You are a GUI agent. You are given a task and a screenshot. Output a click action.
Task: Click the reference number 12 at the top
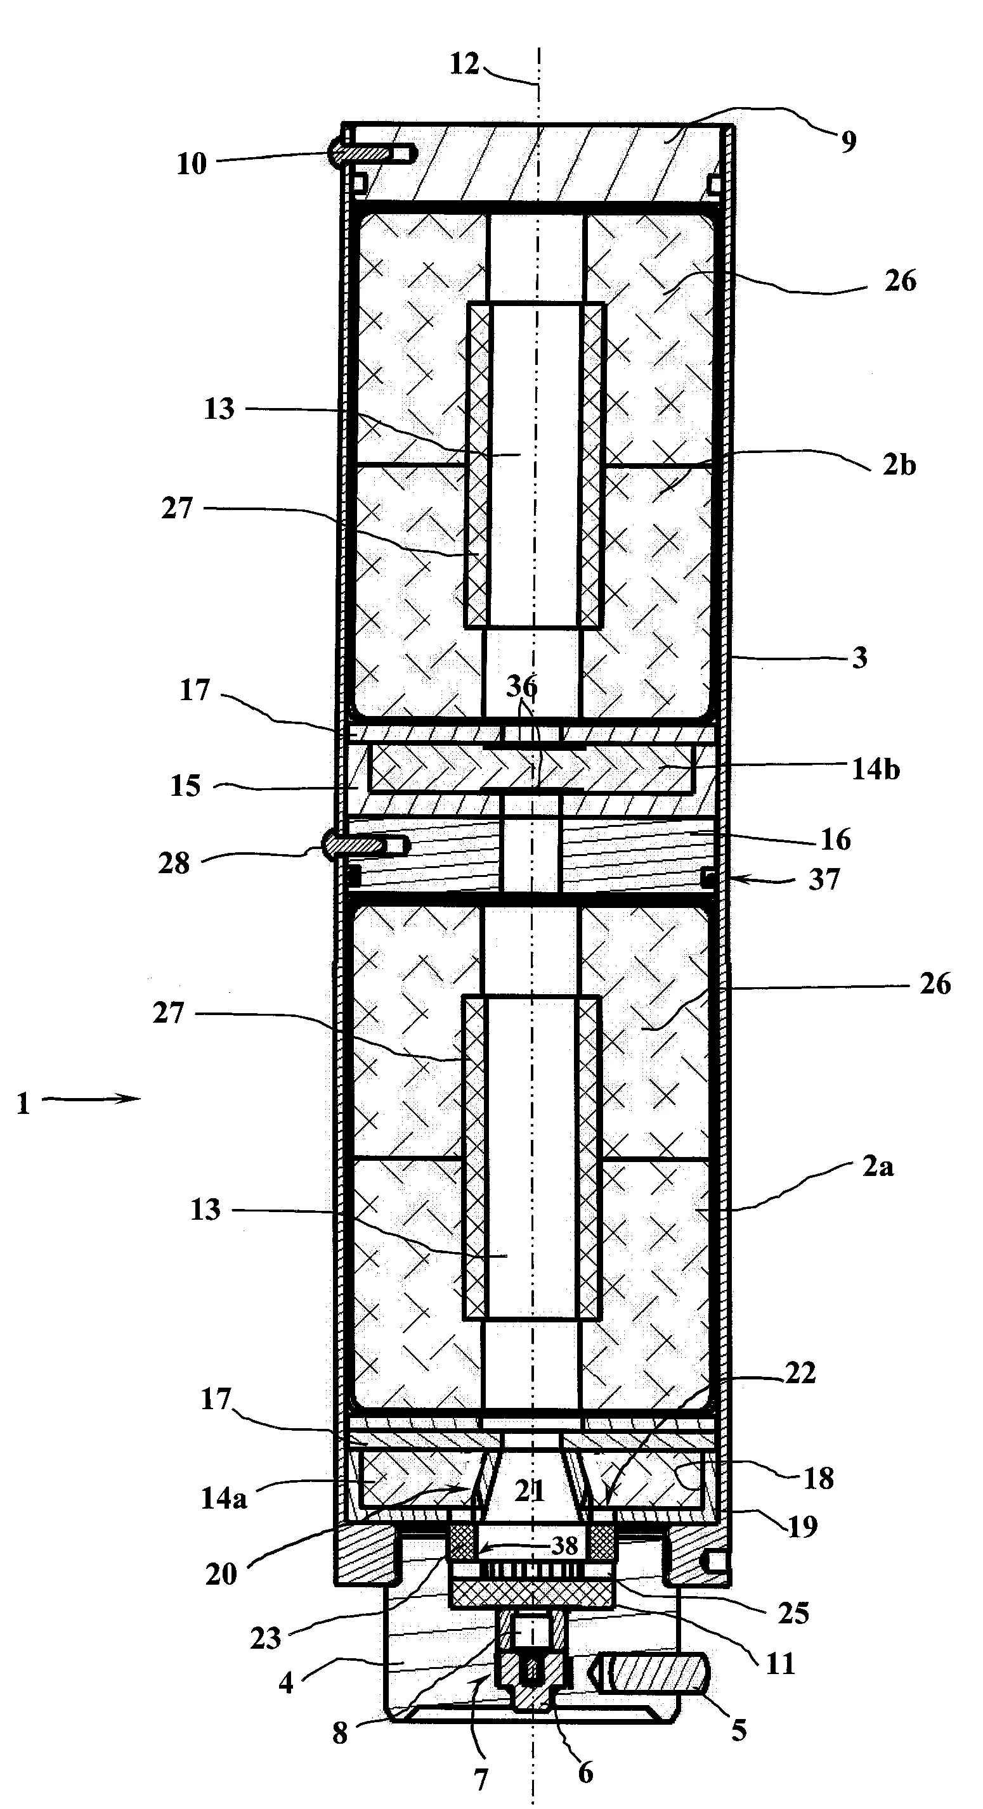(x=464, y=65)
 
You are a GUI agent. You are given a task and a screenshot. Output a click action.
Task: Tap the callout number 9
(x=849, y=142)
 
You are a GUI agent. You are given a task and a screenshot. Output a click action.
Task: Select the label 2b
(x=899, y=466)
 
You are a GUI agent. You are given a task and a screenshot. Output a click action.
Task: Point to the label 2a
(x=878, y=1167)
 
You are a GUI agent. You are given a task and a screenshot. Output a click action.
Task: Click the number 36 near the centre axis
(x=522, y=686)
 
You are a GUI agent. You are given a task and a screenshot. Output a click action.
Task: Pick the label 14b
(x=875, y=770)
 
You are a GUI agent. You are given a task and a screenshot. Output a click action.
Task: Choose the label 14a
(x=223, y=1499)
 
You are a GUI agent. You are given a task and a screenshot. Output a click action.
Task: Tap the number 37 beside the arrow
(x=824, y=879)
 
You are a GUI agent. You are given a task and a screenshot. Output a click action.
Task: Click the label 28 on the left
(x=174, y=864)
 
